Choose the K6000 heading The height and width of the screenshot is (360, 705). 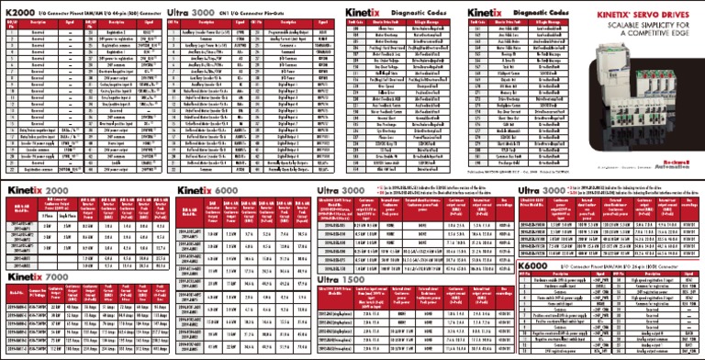tap(536, 266)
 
